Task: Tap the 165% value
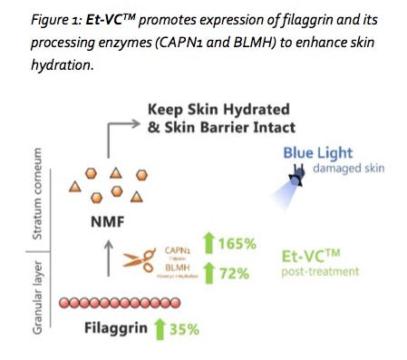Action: (x=236, y=244)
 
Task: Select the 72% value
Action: (x=233, y=272)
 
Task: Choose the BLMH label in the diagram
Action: (x=178, y=268)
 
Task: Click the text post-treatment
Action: (x=316, y=272)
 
